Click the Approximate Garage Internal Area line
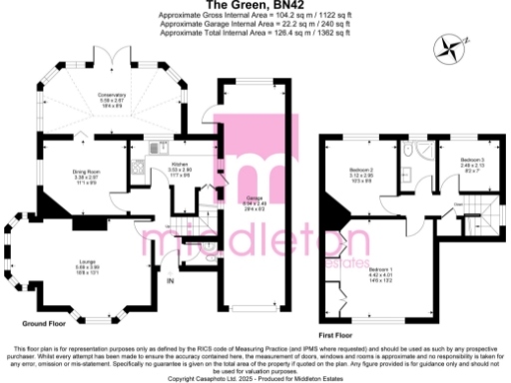click(255, 24)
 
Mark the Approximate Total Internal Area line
click(255, 32)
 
